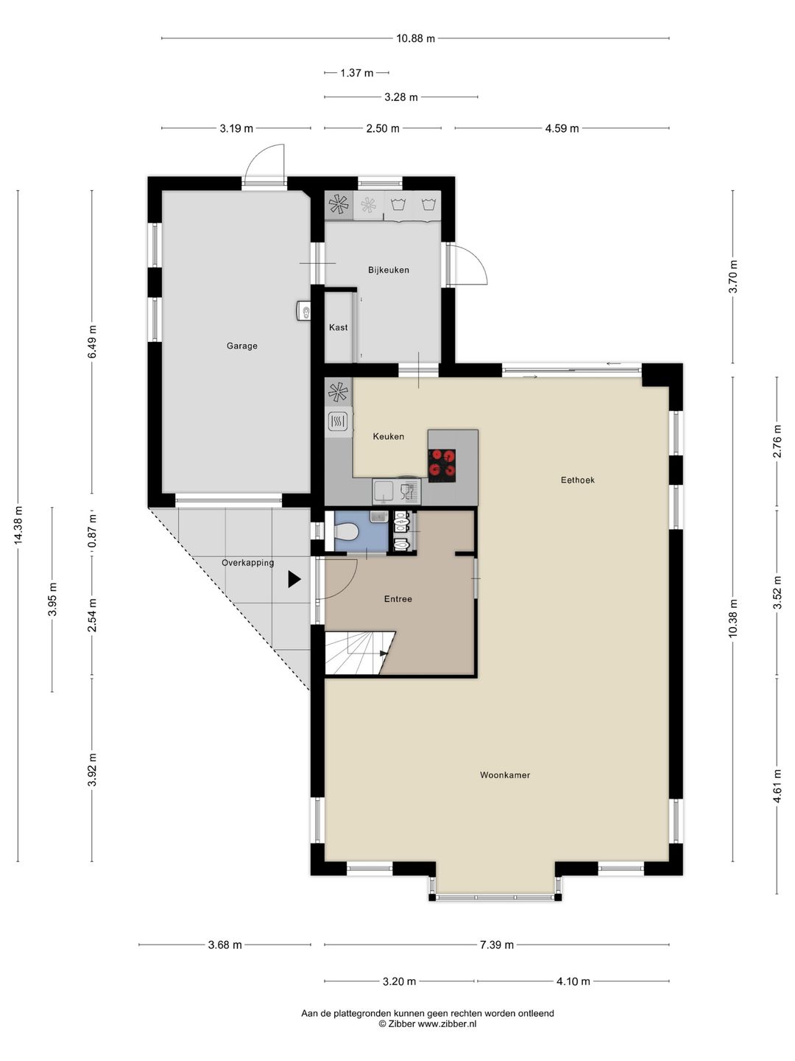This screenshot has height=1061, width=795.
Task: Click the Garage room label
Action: click(x=242, y=346)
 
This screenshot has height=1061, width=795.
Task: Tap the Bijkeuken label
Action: click(x=389, y=270)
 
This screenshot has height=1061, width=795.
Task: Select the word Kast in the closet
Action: click(x=339, y=327)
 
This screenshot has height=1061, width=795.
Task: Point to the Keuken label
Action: click(x=389, y=436)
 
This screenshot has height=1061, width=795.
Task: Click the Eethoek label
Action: click(x=578, y=480)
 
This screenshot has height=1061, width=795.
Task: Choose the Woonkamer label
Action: click(x=505, y=775)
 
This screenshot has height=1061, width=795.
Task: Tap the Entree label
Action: click(x=398, y=599)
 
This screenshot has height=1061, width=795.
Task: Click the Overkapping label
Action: click(x=247, y=563)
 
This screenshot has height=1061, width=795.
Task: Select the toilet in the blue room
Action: click(x=347, y=533)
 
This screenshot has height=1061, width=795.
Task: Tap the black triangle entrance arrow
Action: click(x=294, y=579)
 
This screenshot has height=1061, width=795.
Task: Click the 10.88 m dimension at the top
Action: click(x=416, y=38)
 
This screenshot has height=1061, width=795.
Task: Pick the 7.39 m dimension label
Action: click(x=497, y=945)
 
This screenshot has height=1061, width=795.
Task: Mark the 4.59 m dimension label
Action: click(x=562, y=128)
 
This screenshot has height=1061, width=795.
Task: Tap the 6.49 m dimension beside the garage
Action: click(x=92, y=341)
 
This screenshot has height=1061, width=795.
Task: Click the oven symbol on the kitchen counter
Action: click(x=338, y=421)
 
